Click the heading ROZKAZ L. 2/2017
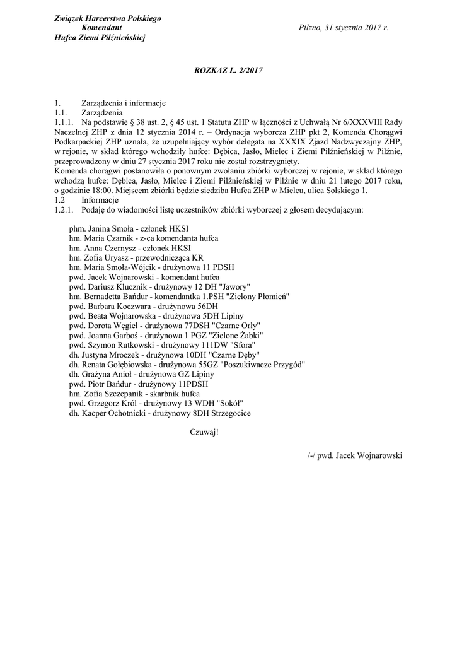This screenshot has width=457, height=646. tap(228, 71)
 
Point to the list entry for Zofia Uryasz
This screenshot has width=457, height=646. tap(136, 257)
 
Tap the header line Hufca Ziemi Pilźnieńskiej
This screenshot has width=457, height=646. tap(100, 38)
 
